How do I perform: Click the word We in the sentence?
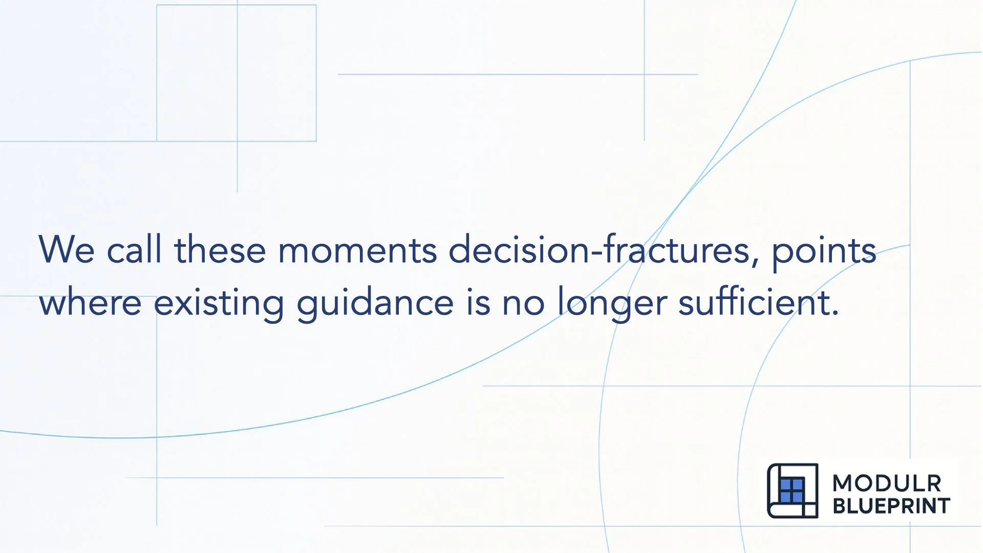pyautogui.click(x=67, y=250)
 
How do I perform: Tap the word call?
pyautogui.click(x=134, y=250)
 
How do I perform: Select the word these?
pyautogui.click(x=220, y=250)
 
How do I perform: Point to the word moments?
pyautogui.click(x=357, y=250)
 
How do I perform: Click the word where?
pyautogui.click(x=90, y=302)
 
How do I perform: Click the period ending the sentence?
pyautogui.click(x=836, y=313)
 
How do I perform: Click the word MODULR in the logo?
pyautogui.click(x=887, y=483)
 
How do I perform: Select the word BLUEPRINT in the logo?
pyautogui.click(x=891, y=506)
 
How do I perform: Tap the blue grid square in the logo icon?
pyautogui.click(x=792, y=491)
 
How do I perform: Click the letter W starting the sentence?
pyautogui.click(x=56, y=250)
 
